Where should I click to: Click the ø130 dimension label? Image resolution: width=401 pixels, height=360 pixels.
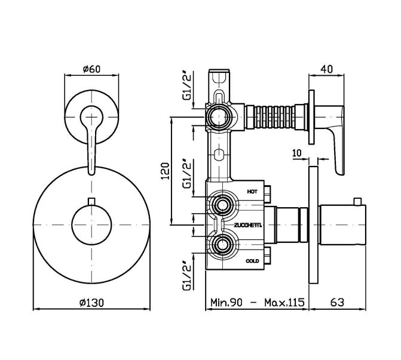pos(91,302)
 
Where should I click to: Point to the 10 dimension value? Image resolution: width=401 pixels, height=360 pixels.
pos(296,153)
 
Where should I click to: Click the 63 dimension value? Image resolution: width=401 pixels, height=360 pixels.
pos(338,302)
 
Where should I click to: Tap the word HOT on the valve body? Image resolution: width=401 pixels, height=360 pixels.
pos(252,192)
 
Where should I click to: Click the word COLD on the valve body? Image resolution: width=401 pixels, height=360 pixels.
pos(252,261)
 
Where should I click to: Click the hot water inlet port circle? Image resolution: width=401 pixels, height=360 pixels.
pos(222,207)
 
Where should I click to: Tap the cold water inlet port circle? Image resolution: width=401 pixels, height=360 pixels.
pos(222,244)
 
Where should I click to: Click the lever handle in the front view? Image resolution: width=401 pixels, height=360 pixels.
pos(90,137)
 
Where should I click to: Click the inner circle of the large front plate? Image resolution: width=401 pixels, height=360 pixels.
pos(91,224)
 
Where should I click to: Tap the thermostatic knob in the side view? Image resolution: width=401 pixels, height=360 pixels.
pos(341,224)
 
